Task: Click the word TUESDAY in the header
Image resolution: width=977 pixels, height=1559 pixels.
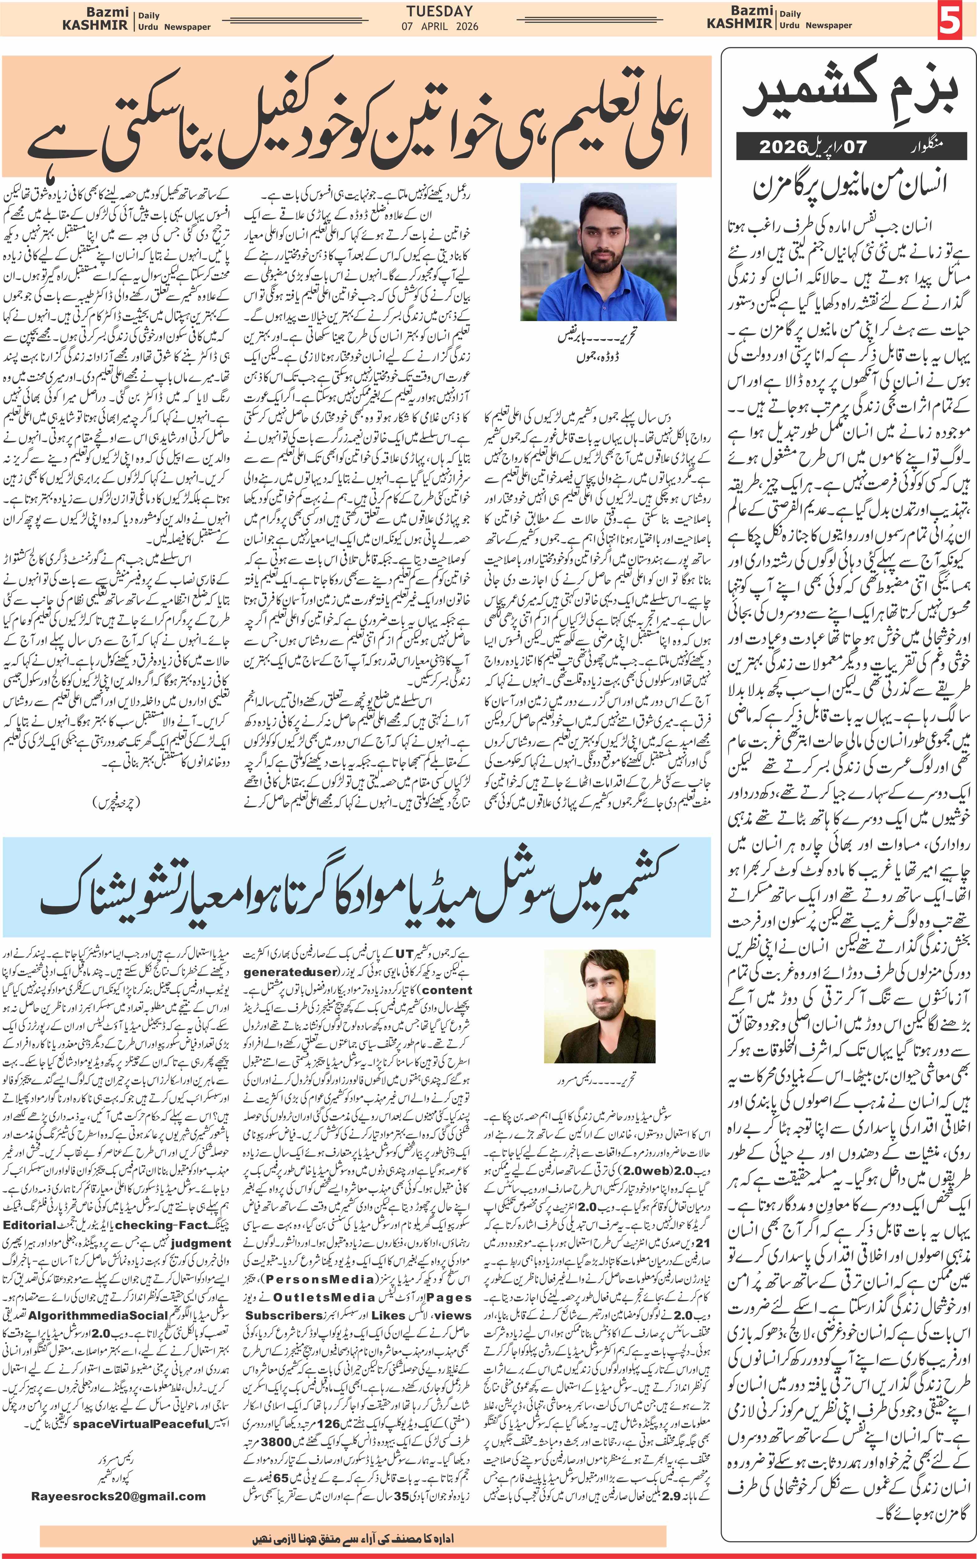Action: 439,11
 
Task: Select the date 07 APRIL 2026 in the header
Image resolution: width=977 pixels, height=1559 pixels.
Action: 439,26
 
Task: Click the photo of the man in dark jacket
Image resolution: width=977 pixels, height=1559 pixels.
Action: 600,1005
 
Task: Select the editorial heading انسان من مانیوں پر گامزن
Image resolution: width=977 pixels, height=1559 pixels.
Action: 849,186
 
